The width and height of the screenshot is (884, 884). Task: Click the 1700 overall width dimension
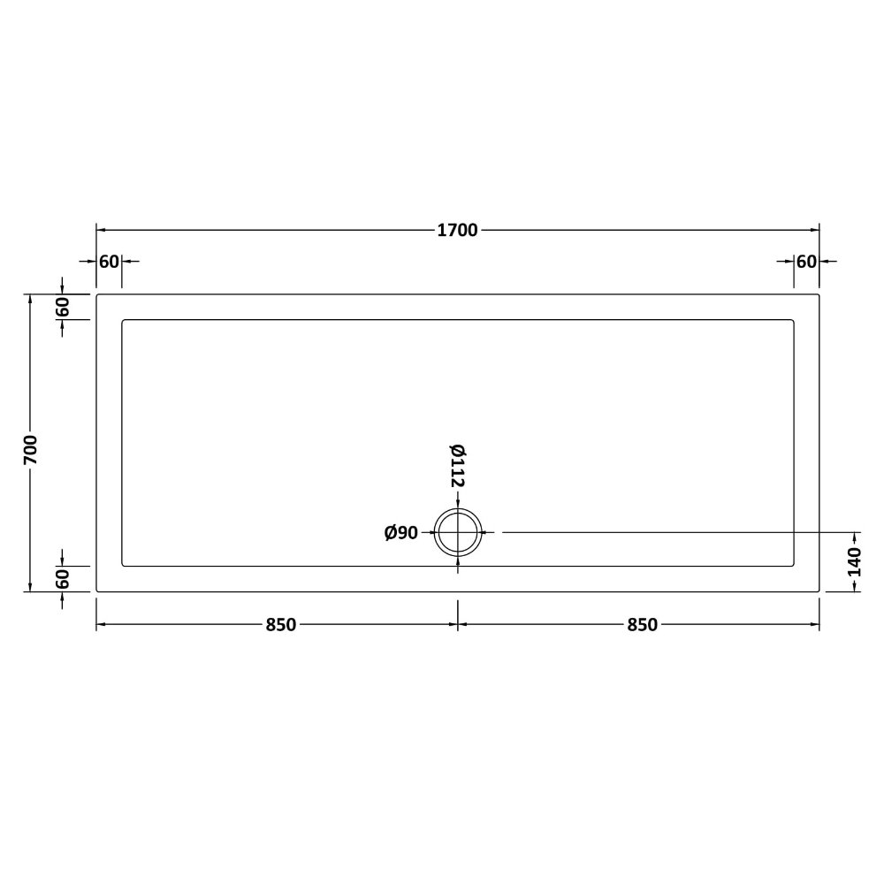tap(457, 230)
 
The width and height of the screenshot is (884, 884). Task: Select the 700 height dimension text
tap(31, 450)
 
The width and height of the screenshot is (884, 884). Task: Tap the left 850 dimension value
tap(281, 625)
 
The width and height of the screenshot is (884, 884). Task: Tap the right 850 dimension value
tap(642, 625)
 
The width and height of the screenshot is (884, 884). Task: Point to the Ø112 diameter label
tap(457, 466)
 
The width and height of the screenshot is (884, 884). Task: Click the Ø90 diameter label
tap(400, 533)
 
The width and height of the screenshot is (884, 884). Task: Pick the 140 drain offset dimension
tap(855, 561)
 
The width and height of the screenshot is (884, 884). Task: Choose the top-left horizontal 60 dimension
tap(110, 262)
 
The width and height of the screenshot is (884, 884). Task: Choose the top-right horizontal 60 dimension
tap(806, 262)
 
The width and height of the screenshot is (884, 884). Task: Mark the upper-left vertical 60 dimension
tap(62, 307)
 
